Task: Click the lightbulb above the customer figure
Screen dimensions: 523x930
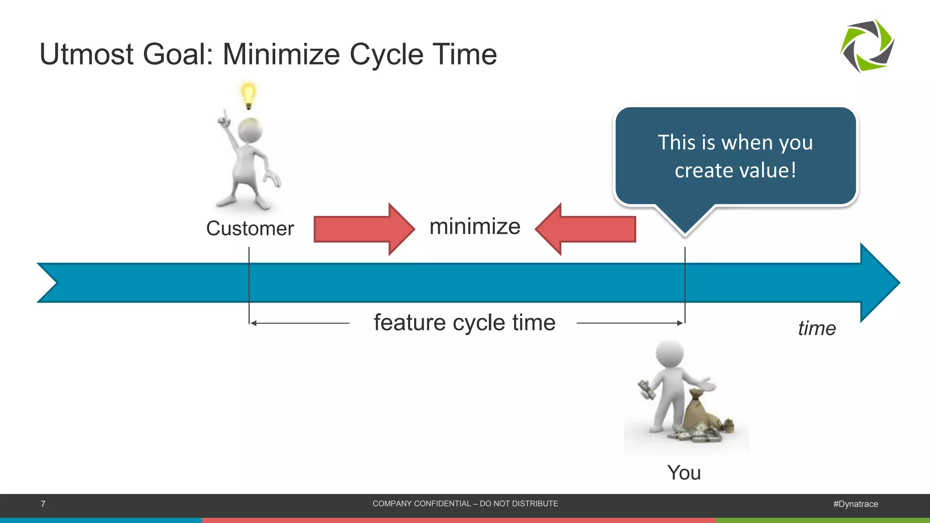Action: click(x=248, y=94)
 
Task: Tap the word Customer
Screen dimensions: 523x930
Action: click(x=250, y=228)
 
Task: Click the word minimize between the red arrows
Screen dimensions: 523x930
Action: click(x=475, y=227)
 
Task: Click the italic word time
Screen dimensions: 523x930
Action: click(x=816, y=328)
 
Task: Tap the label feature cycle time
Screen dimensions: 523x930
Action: click(x=464, y=323)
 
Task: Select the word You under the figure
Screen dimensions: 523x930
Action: click(x=684, y=473)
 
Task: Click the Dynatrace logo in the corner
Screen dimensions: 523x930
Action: click(x=867, y=46)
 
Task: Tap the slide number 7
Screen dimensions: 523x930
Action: click(x=43, y=504)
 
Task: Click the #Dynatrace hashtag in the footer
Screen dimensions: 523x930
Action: click(x=856, y=504)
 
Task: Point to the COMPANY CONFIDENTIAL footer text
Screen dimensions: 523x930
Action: click(x=465, y=503)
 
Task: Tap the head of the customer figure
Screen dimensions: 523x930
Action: click(x=250, y=130)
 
